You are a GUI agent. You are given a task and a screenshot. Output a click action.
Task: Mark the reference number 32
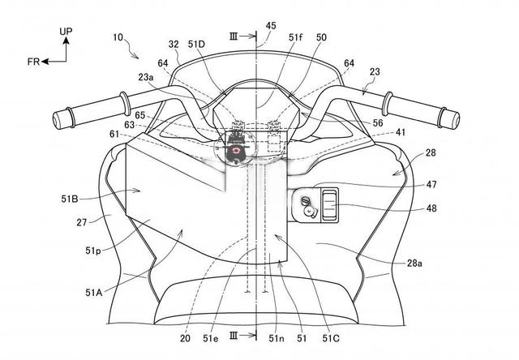coord(174,47)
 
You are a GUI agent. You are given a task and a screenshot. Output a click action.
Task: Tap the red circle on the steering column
coord(236,150)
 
